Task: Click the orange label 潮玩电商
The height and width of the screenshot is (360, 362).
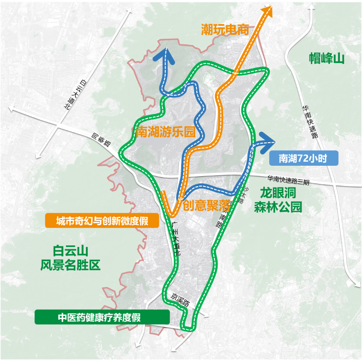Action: point(225,30)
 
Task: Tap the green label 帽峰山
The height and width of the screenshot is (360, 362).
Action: point(326,58)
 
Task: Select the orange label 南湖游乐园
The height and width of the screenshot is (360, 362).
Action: point(166,132)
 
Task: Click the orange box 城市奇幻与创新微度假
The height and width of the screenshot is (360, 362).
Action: point(102,221)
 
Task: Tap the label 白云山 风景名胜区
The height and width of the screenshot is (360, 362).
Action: point(70,258)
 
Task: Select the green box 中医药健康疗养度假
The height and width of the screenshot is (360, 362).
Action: point(102,317)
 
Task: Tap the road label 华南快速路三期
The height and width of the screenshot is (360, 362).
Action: point(288,180)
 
